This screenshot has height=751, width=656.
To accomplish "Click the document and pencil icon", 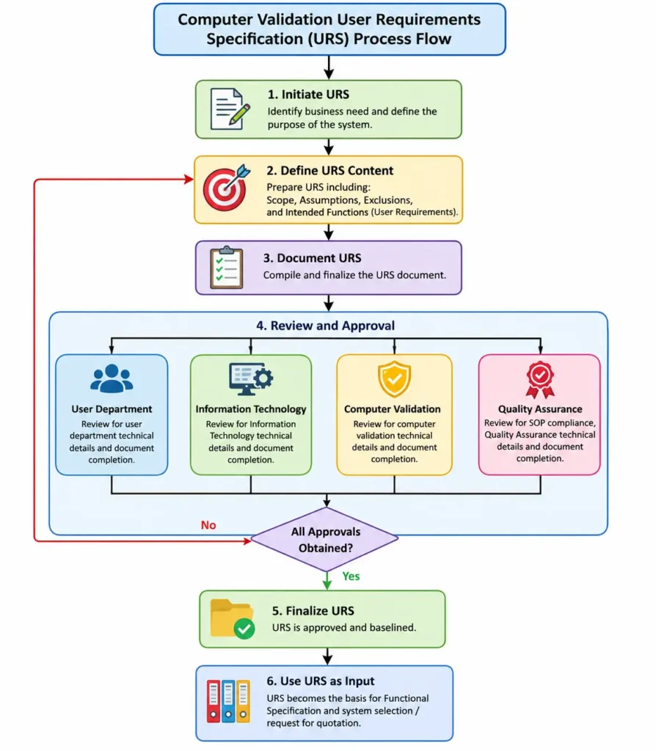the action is tap(230, 109).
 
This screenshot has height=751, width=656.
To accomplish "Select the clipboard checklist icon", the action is tap(227, 267).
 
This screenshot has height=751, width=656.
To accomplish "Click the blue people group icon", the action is tap(112, 378).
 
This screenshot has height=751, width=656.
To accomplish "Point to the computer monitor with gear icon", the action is tap(251, 378).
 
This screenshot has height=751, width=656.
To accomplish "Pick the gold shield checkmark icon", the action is tap(394, 379).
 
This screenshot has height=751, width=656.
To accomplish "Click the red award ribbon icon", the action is tap(540, 379).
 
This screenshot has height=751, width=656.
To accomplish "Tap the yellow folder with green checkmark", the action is tap(232, 619).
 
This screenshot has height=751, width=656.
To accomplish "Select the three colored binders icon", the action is tap(228, 701).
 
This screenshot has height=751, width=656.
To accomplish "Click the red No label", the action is tap(208, 525).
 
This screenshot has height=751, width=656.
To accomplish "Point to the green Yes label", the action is tap(351, 576).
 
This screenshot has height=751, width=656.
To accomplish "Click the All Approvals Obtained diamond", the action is tap(325, 539).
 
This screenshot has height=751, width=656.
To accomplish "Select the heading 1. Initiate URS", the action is tap(308, 95).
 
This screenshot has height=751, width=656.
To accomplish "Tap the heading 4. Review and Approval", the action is tap(325, 326).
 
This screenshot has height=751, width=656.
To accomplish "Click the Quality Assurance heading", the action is tap(540, 409).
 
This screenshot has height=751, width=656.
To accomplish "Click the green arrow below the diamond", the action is tap(327, 581).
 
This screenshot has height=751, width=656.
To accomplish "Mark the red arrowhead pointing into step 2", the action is tap(189, 180).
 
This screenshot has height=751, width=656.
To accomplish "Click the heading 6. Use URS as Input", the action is tap(321, 681).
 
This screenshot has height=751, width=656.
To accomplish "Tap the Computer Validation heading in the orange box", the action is tap(393, 409).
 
